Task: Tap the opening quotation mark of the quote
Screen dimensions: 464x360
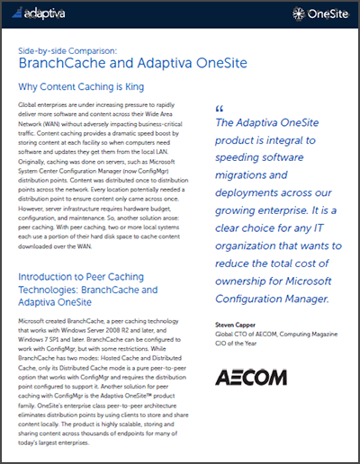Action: point(219,110)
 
